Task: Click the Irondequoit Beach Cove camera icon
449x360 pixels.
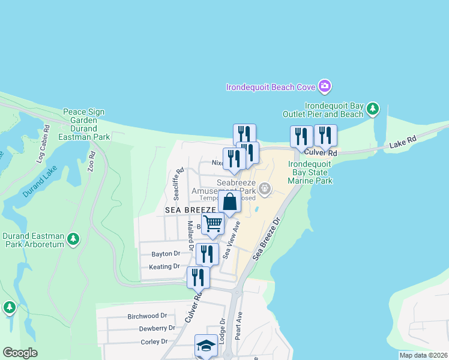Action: (325, 86)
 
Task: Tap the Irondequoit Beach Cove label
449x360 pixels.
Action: (270, 87)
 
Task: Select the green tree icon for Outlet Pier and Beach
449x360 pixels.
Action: (373, 109)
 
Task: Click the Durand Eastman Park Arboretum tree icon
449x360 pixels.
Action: (73, 239)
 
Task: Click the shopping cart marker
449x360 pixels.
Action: (213, 224)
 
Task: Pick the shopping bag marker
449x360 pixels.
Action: (230, 202)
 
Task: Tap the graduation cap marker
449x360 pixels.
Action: (206, 346)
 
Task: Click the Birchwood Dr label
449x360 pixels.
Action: (147, 316)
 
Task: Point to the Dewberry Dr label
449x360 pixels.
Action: (157, 328)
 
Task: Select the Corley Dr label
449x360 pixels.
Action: (154, 341)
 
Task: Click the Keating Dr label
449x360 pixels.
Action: (164, 266)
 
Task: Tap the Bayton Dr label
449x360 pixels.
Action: (166, 254)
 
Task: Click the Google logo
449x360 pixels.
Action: (20, 353)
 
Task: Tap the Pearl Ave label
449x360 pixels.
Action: (238, 325)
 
